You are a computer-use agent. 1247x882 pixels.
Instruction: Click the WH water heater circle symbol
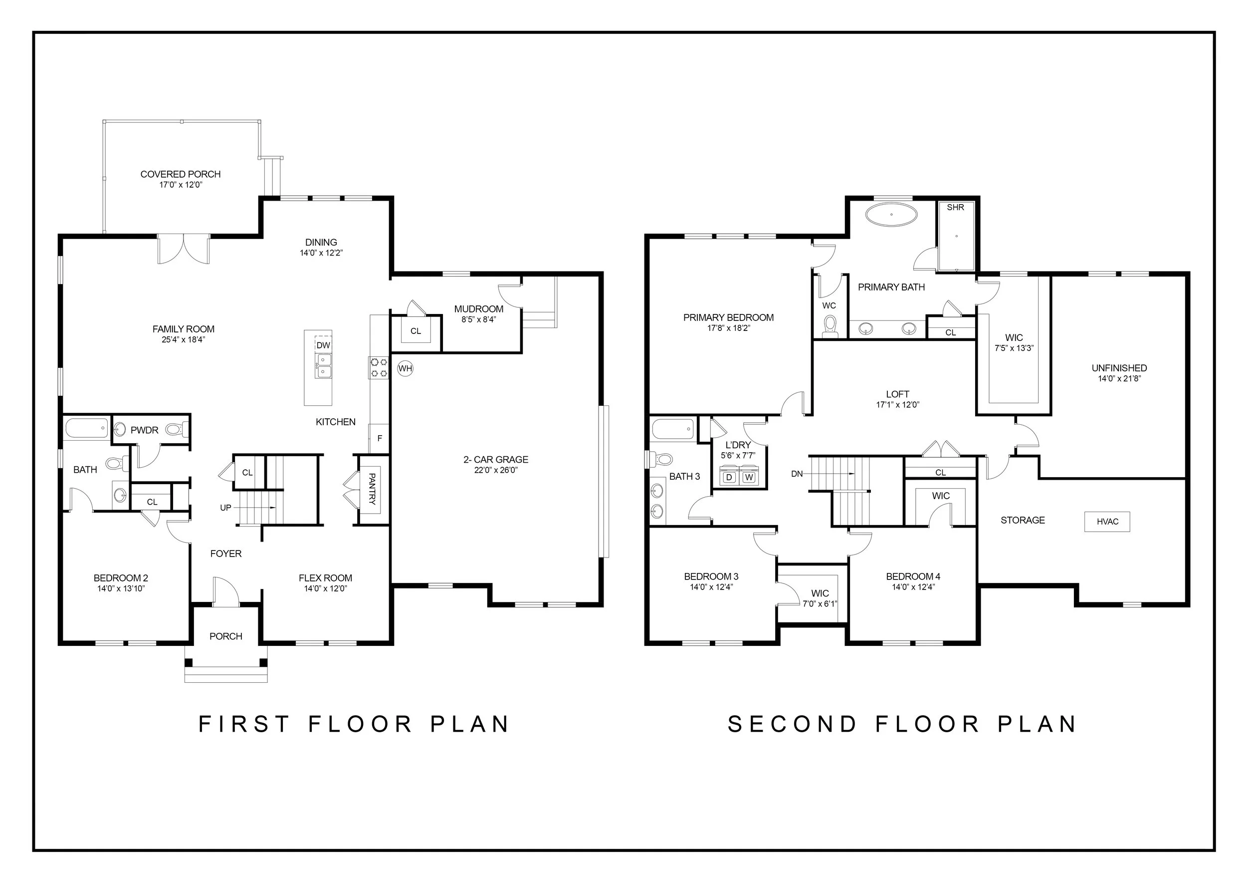[x=405, y=368]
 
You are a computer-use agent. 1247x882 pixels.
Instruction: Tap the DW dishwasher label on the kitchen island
[x=323, y=345]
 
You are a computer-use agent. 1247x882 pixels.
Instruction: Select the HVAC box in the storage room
[x=1107, y=522]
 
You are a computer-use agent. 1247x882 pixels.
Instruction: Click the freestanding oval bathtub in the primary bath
[x=891, y=214]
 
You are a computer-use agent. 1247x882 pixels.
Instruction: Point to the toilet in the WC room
[x=830, y=326]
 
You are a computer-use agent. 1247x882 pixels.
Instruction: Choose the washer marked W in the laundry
[x=749, y=477]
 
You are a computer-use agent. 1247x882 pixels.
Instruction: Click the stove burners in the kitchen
[x=379, y=367]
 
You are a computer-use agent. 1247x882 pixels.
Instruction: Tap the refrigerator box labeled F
[x=379, y=438]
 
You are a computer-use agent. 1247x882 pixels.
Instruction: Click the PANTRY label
[x=372, y=489]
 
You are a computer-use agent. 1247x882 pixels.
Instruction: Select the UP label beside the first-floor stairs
[x=225, y=508]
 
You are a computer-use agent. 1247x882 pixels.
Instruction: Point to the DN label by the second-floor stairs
[x=797, y=474]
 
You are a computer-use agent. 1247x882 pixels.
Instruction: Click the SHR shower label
[x=955, y=207]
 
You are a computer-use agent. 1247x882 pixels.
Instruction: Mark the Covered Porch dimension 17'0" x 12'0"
[x=181, y=185]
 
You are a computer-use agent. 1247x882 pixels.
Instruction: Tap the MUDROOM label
[x=478, y=308]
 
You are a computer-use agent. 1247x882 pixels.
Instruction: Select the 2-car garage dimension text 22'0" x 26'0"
[x=496, y=470]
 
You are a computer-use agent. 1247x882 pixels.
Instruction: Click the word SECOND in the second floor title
[x=793, y=724]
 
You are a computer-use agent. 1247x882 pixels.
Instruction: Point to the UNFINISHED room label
[x=1119, y=368]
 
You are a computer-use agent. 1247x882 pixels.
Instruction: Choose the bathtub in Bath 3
[x=673, y=429]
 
